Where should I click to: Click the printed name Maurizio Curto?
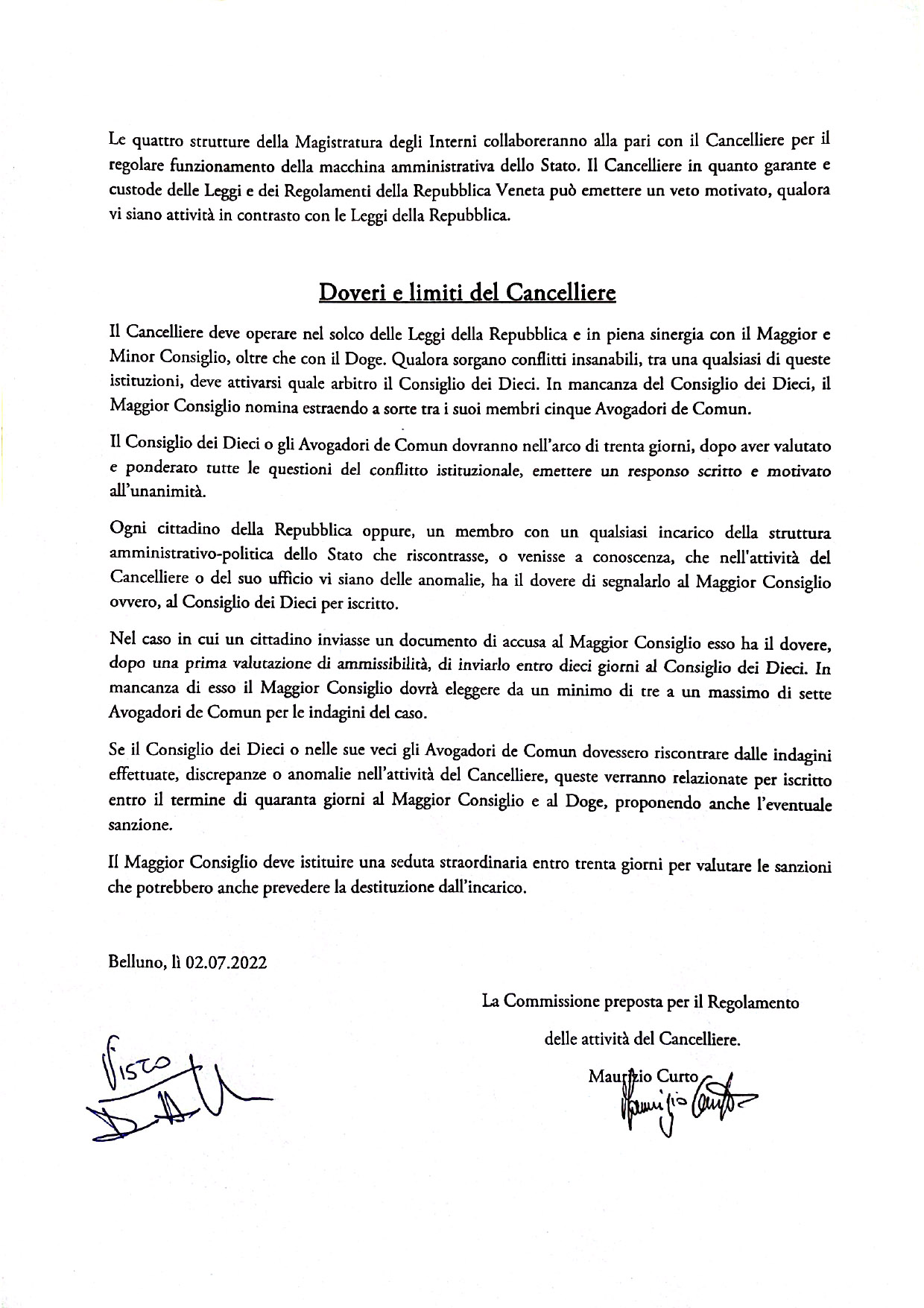click(643, 1076)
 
